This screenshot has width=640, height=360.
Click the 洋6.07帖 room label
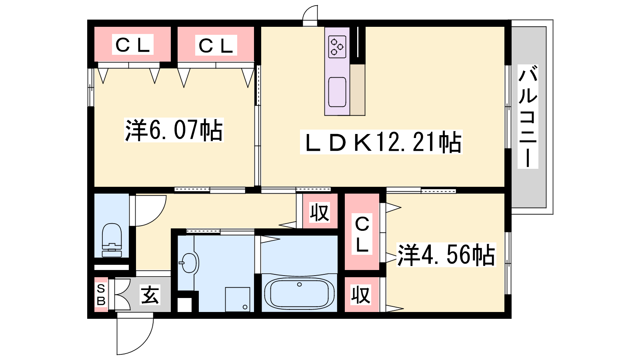(174, 130)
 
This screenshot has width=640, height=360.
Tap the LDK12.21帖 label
(381, 142)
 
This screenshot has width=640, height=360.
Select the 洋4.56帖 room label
(446, 255)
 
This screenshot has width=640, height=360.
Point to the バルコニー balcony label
(528, 116)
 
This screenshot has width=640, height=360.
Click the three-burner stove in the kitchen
(337, 46)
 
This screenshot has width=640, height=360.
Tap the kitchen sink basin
(337, 92)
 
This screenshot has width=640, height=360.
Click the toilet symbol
(112, 240)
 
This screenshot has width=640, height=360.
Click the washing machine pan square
(238, 300)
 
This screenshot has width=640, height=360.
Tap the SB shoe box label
(101, 294)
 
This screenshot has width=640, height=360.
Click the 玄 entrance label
(150, 294)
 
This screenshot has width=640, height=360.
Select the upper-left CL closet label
(132, 44)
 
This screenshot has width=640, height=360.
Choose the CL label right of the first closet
(216, 45)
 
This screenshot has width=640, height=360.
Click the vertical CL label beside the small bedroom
(362, 234)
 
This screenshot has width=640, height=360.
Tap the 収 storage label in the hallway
(320, 212)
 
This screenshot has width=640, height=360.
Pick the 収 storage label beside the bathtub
(361, 294)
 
